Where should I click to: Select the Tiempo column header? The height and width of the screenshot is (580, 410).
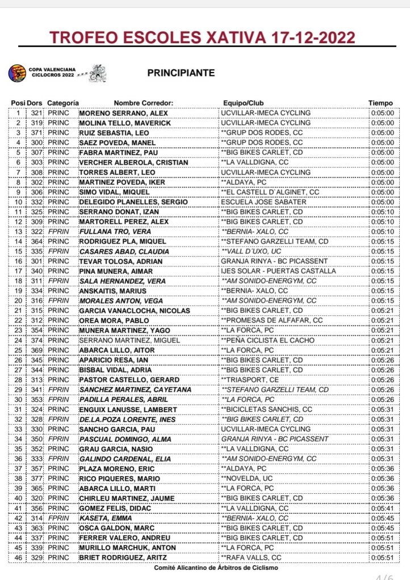(380, 103)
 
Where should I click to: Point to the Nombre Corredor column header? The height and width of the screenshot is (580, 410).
(143, 103)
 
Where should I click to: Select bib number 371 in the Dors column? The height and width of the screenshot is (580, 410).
(36, 133)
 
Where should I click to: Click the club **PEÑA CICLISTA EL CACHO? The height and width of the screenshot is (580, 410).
(265, 340)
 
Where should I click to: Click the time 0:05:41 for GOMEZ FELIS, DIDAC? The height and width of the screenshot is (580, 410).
(380, 507)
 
